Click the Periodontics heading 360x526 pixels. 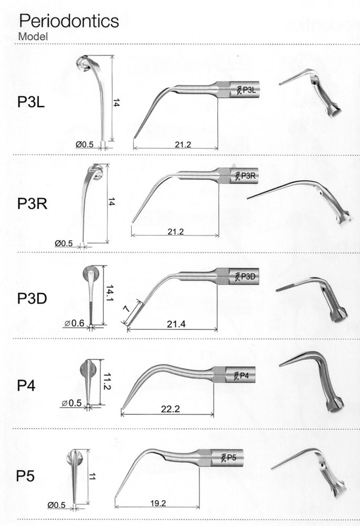pos(68,21)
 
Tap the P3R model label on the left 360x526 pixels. pos(32,203)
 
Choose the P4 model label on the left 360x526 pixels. pos(26,385)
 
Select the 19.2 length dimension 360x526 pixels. pos(157,503)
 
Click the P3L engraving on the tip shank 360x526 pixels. pos(246,90)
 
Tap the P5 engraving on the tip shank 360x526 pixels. pos(232,457)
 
